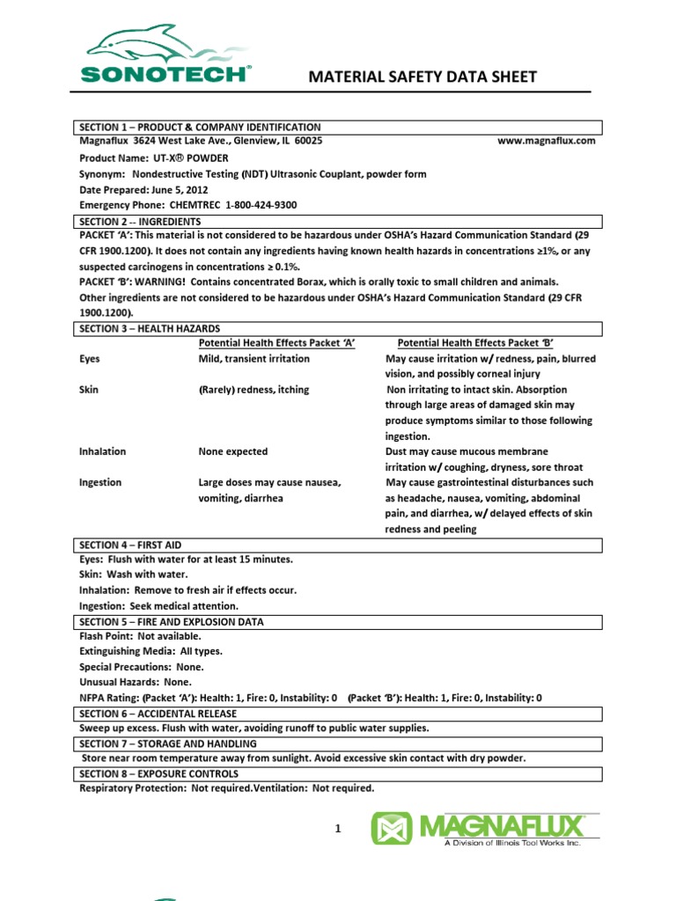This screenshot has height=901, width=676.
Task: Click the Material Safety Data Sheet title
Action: [x=422, y=77]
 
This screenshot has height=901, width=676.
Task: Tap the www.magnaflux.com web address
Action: [x=547, y=141]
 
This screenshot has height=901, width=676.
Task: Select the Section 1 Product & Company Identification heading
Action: [x=200, y=128]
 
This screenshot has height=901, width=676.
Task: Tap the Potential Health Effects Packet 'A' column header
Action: [x=276, y=343]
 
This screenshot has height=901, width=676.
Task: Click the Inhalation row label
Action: [x=102, y=451]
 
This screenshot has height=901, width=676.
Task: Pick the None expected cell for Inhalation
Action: [x=232, y=451]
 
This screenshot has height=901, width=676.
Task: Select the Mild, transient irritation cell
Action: [x=253, y=359]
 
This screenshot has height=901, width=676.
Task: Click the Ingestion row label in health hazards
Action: [x=100, y=483]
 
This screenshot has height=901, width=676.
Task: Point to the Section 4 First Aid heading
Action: [x=129, y=546]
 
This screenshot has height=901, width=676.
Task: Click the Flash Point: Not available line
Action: [x=140, y=636]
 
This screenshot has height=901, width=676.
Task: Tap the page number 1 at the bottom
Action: [x=336, y=828]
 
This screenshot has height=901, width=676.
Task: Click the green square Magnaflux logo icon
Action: [x=391, y=829]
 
